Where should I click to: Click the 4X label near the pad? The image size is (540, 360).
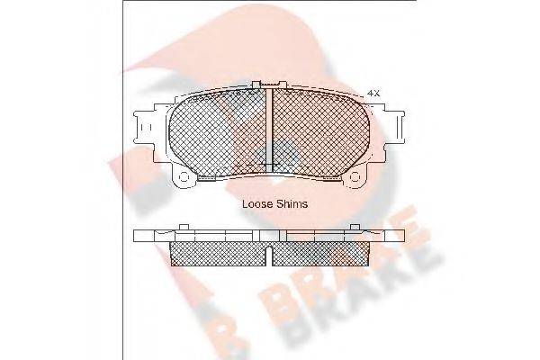[x=374, y=94]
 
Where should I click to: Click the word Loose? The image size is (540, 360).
[x=258, y=204]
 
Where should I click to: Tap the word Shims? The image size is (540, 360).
[x=292, y=204]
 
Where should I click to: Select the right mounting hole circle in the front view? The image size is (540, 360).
[x=359, y=175]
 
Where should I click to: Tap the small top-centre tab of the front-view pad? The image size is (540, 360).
[x=263, y=85]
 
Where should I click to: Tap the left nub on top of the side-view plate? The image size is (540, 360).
[x=184, y=226]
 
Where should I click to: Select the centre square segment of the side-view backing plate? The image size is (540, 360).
[x=273, y=236]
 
